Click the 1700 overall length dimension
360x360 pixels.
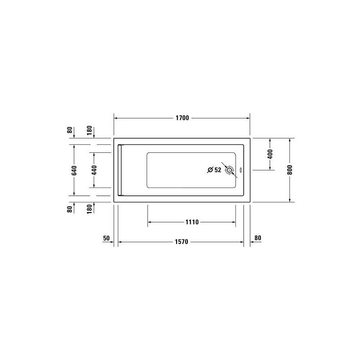[x=182, y=118]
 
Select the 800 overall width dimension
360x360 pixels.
[x=290, y=170]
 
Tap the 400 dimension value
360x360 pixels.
[x=270, y=154]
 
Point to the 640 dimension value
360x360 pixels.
[x=74, y=170]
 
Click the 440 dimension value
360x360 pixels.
[x=94, y=170]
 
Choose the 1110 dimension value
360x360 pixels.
[x=192, y=222]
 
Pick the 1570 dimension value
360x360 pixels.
[x=181, y=242]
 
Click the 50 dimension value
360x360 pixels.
[x=106, y=238]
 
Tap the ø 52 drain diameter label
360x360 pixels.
[x=214, y=170]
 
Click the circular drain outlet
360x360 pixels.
[x=229, y=170]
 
